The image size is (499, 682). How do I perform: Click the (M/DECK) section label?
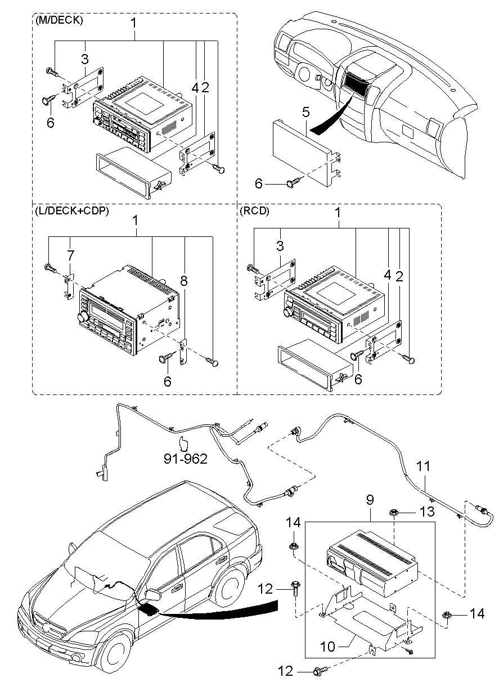pyautogui.click(x=59, y=21)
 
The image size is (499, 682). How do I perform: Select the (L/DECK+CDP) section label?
pyautogui.click(x=72, y=210)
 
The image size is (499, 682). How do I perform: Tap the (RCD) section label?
pyautogui.click(x=254, y=210)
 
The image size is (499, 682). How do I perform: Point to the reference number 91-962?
pyautogui.click(x=186, y=459)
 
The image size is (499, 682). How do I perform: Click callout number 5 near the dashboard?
pyautogui.click(x=305, y=112)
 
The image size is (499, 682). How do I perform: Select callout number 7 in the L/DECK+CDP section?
pyautogui.click(x=70, y=255)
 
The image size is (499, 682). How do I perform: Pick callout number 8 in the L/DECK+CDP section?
pyautogui.click(x=183, y=281)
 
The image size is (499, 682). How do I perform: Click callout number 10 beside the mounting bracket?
pyautogui.click(x=327, y=647)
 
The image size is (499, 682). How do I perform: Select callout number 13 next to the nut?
pyautogui.click(x=426, y=511)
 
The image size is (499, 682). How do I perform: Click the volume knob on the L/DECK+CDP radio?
pyautogui.click(x=83, y=317)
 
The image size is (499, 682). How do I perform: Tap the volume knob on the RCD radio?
pyautogui.click(x=287, y=312)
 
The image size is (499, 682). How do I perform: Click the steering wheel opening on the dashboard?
pyautogui.click(x=304, y=73)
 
